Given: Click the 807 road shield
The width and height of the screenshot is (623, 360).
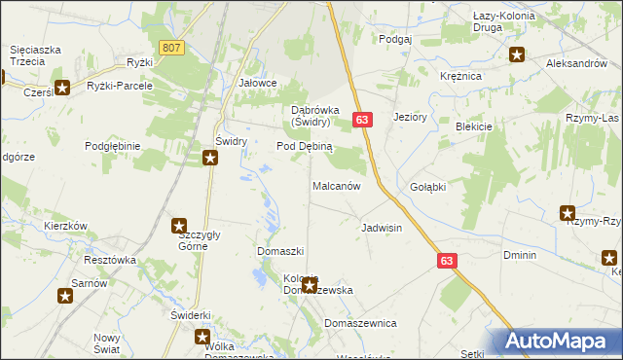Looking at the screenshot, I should (x=172, y=48).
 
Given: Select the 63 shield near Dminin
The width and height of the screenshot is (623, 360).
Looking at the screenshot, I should (x=447, y=261).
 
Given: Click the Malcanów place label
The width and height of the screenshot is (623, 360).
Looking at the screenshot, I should (x=337, y=185).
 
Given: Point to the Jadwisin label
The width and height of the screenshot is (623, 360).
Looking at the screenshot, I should (x=382, y=228).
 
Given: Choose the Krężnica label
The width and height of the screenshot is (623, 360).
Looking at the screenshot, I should (x=460, y=75).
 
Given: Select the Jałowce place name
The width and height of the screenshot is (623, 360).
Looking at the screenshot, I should (x=258, y=84).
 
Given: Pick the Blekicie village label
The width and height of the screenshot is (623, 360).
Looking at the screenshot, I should (x=473, y=126).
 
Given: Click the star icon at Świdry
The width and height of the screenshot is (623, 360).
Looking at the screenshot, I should (x=210, y=158).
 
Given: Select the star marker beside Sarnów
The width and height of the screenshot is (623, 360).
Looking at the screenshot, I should (x=66, y=295).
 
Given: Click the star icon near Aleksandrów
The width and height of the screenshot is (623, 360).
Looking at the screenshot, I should (x=517, y=55).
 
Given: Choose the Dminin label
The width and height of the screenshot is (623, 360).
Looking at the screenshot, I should (x=520, y=255).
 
